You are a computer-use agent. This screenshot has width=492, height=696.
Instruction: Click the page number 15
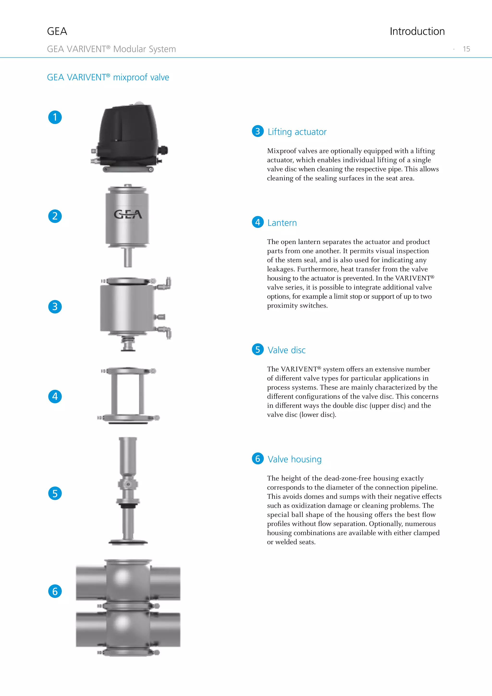point(466,49)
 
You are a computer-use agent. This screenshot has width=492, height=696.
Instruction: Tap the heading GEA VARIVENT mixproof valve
point(108,77)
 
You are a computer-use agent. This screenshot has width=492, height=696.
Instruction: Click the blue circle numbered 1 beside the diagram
point(55,117)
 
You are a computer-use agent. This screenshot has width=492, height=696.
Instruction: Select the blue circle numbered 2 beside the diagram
point(55,216)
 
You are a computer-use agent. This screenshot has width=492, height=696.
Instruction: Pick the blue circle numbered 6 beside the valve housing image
point(55,591)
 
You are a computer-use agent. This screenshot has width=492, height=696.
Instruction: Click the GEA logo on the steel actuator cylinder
point(128,214)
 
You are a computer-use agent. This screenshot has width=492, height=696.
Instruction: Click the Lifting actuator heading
point(297,132)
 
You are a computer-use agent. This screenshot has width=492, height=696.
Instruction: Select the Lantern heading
point(282,223)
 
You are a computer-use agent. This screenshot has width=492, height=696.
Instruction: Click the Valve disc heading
point(286,350)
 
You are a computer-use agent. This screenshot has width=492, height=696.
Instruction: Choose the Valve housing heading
point(295,459)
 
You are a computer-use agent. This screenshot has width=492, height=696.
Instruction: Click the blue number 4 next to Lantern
point(258,222)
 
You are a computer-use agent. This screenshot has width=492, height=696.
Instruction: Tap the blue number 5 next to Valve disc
point(258,349)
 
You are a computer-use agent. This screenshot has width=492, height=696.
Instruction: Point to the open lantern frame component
point(128,394)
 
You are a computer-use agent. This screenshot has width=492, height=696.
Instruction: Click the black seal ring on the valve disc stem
point(128,506)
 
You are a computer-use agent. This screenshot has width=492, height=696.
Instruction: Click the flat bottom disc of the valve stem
point(128,542)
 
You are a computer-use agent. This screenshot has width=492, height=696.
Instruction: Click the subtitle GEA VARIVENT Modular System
point(111,49)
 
